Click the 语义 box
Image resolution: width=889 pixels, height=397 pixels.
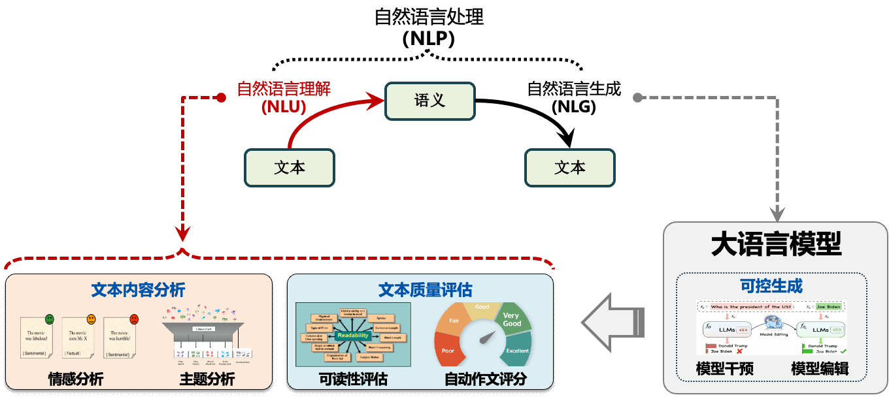pyautogui.click(x=429, y=101)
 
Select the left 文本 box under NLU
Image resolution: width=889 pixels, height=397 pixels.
pyautogui.click(x=289, y=168)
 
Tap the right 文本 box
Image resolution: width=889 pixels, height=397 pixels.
pyautogui.click(x=569, y=168)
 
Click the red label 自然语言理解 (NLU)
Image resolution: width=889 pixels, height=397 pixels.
pyautogui.click(x=283, y=97)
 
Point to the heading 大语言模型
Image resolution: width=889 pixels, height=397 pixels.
pyautogui.click(x=776, y=244)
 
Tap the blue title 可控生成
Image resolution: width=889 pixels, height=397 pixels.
pyautogui.click(x=771, y=286)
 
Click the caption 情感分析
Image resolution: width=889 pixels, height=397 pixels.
pyautogui.click(x=76, y=379)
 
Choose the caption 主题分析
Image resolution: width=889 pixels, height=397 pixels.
pyautogui.click(x=207, y=379)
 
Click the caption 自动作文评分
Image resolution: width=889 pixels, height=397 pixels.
pyautogui.click(x=485, y=379)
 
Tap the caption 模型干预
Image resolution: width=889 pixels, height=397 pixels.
pyautogui.click(x=725, y=369)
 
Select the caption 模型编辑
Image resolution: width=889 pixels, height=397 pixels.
pyautogui.click(x=820, y=369)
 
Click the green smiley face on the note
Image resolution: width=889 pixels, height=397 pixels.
pyautogui.click(x=50, y=319)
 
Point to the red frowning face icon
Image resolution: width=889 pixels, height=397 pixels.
pyautogui.click(x=134, y=319)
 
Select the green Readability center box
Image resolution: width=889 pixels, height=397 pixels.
pyautogui.click(x=352, y=335)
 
